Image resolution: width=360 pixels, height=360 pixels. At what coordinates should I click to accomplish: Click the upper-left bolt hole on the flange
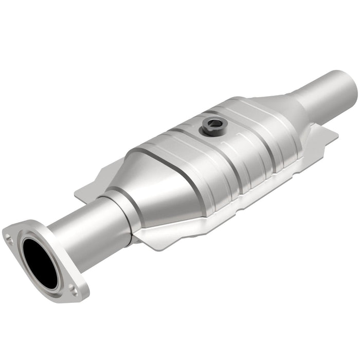[x=9, y=238]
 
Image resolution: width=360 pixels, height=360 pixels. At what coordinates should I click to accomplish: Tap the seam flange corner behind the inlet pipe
[x=85, y=193]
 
